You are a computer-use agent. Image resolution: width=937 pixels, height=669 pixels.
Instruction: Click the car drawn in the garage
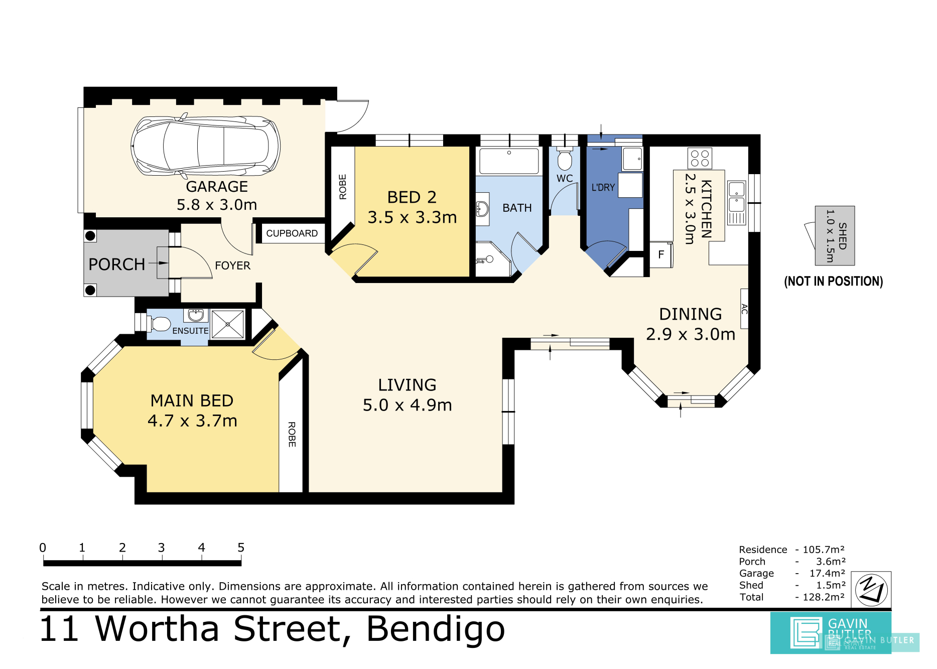205,146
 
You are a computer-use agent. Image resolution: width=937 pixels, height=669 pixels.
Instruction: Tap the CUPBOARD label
292,233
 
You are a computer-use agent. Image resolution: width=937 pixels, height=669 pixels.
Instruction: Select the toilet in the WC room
565,159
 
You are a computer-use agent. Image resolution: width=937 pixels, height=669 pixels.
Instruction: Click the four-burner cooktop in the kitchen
700,159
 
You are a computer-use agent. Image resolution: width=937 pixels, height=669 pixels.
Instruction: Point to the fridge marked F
661,255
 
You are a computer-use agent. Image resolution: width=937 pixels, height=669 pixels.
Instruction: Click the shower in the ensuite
228,324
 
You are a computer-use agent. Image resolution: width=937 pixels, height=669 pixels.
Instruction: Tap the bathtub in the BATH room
509,161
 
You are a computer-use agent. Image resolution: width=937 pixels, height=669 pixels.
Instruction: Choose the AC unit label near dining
744,309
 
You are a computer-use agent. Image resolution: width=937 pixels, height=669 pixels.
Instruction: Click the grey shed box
835,235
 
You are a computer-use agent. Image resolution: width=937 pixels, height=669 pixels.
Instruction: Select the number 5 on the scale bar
241,548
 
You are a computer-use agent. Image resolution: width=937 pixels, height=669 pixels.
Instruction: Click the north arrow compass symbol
871,590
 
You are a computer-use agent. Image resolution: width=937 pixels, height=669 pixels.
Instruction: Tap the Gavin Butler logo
831,633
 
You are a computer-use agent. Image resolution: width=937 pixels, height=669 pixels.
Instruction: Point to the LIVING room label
407,385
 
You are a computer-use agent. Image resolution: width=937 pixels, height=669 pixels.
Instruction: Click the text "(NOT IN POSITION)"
833,281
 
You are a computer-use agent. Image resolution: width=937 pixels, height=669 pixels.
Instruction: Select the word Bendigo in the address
436,630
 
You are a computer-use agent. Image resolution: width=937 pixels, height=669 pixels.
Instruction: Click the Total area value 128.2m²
824,597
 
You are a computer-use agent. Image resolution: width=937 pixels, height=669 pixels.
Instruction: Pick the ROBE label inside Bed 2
343,187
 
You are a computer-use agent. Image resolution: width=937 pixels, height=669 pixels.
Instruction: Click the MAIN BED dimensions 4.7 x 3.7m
192,421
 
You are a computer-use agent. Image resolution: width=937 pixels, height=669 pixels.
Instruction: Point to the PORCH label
116,264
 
